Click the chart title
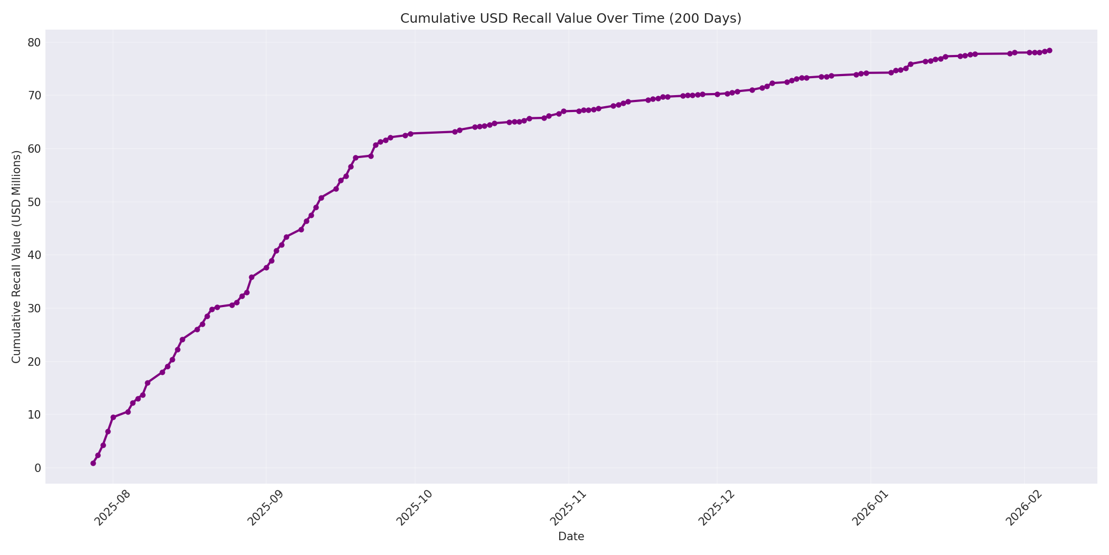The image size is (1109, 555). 570,18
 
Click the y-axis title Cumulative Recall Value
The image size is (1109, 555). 16,257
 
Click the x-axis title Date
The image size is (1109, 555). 571,536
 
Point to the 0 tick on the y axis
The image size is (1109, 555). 37,468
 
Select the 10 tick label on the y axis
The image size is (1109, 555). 34,414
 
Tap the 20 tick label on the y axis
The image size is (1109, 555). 34,362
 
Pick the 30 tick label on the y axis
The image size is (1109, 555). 34,308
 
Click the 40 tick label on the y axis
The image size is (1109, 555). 34,255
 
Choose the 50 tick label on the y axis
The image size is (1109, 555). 34,202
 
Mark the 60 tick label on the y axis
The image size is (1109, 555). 34,149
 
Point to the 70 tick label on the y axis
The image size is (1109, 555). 34,96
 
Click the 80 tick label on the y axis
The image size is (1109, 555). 34,42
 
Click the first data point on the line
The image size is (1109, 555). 93,463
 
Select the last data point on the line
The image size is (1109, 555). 1049,51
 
